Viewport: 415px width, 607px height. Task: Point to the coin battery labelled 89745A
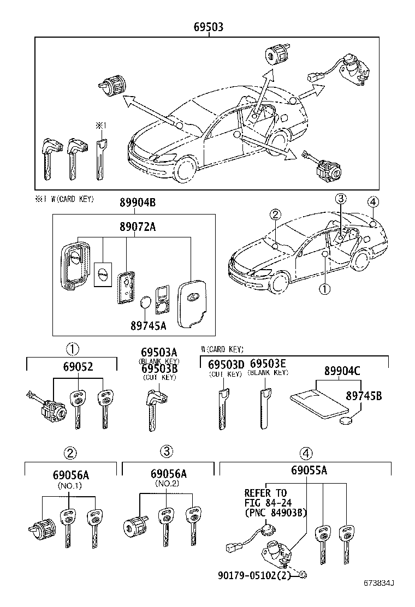146,303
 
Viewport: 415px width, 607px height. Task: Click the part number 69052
73,367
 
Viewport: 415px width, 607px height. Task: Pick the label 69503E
268,364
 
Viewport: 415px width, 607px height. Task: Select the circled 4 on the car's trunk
372,202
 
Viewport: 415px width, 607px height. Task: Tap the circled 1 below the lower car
324,289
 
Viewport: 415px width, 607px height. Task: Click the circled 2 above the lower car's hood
275,215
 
